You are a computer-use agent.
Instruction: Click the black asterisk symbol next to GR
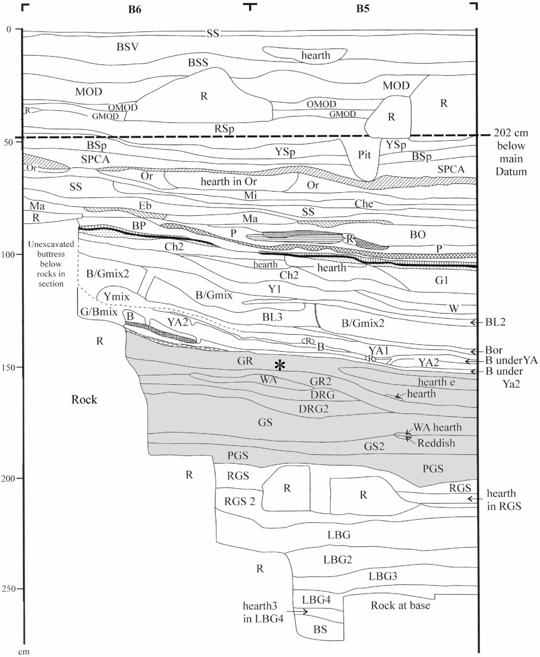279,365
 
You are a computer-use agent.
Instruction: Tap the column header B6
135,9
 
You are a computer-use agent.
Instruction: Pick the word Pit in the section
364,155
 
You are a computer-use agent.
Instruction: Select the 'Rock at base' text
400,605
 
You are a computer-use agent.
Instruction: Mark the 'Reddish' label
436,443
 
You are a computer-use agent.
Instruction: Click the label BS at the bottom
320,630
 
